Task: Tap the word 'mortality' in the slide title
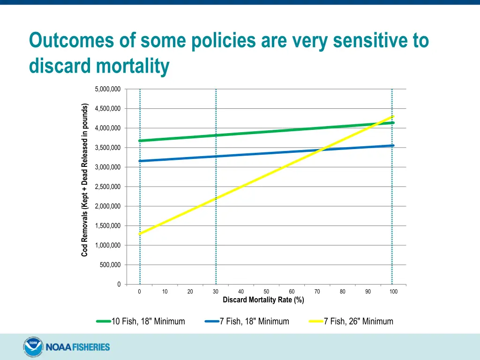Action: [133, 66]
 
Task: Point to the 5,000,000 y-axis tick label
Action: [107, 89]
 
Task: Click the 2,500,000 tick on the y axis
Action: [107, 187]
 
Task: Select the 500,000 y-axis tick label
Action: [110, 265]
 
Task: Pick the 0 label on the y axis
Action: [119, 285]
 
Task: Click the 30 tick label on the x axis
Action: [216, 292]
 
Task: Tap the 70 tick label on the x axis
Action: [317, 292]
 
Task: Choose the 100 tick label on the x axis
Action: [393, 292]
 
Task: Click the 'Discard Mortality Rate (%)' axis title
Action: [263, 300]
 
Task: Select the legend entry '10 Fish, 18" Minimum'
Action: [148, 322]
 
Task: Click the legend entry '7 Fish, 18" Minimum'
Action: [254, 322]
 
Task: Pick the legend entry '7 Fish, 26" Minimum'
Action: [358, 322]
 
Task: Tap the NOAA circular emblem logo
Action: [32, 347]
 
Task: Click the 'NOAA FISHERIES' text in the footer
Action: [77, 347]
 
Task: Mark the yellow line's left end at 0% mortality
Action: [140, 233]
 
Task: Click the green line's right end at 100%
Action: [392, 123]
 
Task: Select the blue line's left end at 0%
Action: [140, 161]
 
